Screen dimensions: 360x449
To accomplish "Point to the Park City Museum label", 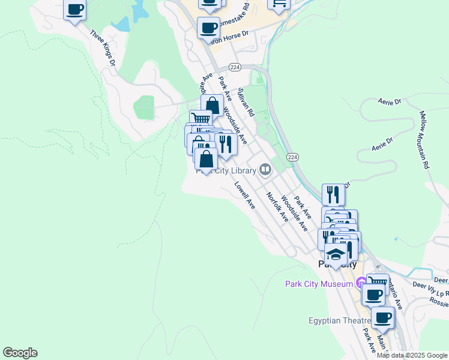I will click(x=319, y=283).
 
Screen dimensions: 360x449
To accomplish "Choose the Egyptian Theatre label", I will click(x=340, y=320).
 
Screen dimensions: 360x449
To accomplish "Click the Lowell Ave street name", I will click(x=245, y=196).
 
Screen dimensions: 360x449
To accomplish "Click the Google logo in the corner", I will click(x=20, y=353).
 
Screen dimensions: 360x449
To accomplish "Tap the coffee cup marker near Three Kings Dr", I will click(x=74, y=10).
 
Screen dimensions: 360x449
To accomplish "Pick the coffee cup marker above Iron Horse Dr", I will click(x=209, y=28).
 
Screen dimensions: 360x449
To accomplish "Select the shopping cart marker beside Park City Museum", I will click(x=377, y=282).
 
